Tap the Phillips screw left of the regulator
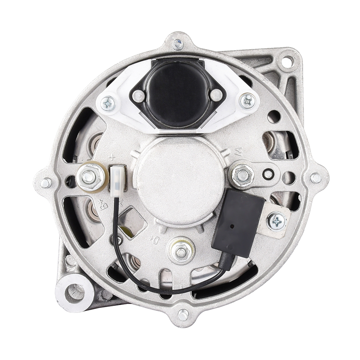coord(108,103)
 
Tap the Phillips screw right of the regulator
coord(248,101)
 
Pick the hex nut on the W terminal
coord(243,175)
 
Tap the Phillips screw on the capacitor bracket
coord(277,221)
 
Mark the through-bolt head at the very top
coord(178,44)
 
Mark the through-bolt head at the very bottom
coord(183,315)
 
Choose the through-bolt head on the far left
coord(46,183)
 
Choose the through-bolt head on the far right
coord(316,178)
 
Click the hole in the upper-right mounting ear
coord(287,61)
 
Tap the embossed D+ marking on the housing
coord(155,240)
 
